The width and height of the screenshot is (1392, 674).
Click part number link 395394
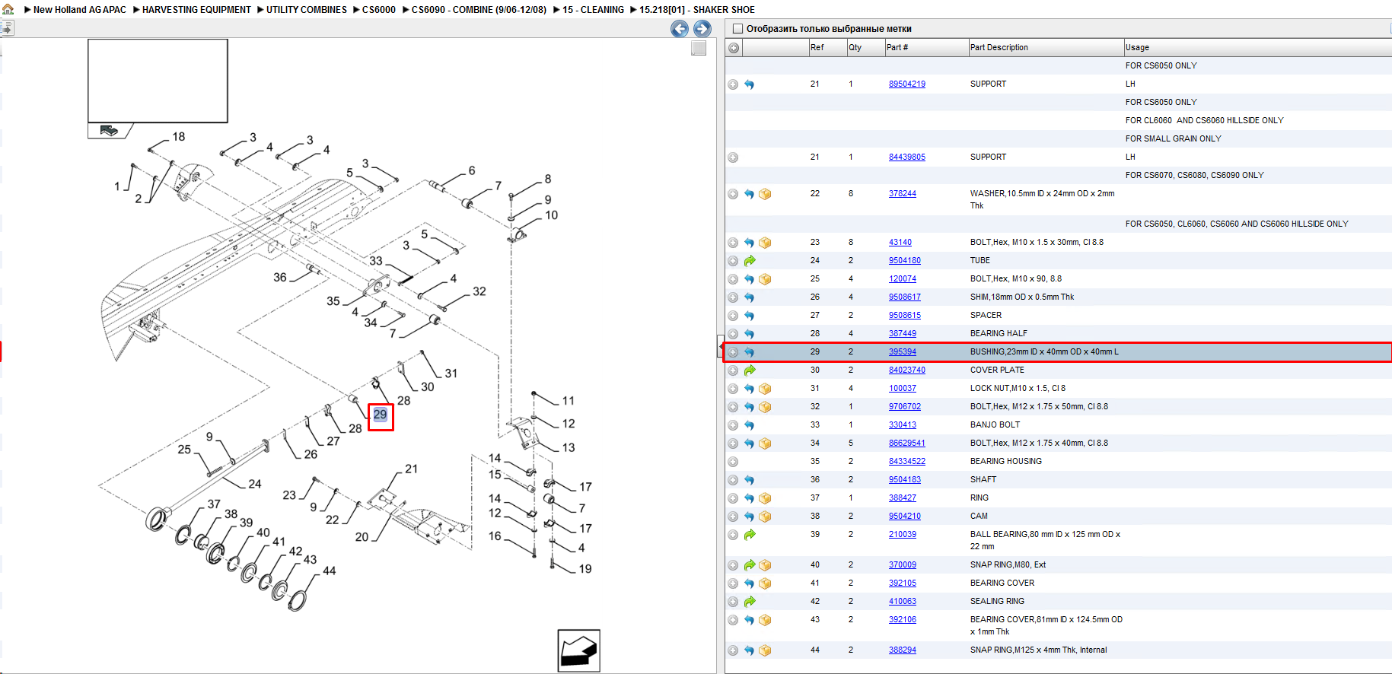tap(902, 352)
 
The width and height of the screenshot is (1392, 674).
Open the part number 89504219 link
tap(906, 84)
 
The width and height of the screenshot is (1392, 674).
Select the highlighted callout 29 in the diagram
tap(381, 415)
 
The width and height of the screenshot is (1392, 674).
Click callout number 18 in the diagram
tap(179, 137)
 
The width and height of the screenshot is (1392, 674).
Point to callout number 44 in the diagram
tap(329, 571)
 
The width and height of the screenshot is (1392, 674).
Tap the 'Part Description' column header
tap(999, 47)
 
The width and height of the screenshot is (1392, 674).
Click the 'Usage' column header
tap(1137, 47)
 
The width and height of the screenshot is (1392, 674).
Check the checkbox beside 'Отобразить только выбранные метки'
tap(737, 29)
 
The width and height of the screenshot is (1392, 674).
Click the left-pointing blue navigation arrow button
tap(680, 29)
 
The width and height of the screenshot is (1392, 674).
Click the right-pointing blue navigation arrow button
tap(702, 29)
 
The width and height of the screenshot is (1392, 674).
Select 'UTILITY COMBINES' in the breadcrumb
tap(306, 10)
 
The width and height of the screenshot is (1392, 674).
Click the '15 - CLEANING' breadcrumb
tap(593, 10)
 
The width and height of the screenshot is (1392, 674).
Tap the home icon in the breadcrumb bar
tap(8, 9)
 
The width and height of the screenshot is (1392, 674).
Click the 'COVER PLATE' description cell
tap(997, 370)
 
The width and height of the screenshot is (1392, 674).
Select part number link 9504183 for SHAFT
tap(904, 480)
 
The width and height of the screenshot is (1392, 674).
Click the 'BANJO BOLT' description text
tap(995, 425)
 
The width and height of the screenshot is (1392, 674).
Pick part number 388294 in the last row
tap(902, 650)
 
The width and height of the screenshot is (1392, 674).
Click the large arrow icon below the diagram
tap(578, 650)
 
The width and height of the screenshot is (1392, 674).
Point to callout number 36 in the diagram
tap(280, 278)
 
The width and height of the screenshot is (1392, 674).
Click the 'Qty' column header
tap(855, 47)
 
